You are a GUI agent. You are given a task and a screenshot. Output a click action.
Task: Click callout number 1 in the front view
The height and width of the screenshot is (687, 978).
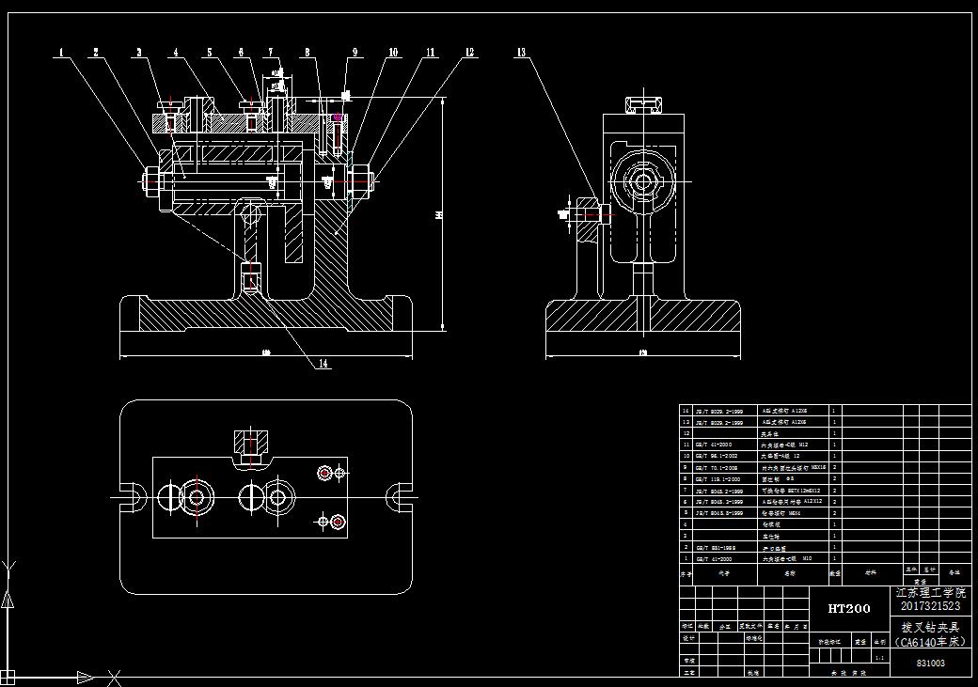tap(62, 53)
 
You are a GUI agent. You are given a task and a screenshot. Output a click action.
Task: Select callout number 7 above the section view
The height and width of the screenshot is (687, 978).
tap(271, 53)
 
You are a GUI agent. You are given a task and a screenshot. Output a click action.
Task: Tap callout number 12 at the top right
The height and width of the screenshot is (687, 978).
tap(469, 53)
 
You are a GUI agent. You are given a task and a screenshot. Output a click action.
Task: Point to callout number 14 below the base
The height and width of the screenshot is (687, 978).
tap(323, 364)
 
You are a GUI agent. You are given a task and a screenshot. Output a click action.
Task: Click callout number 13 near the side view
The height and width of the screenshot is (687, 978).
tap(521, 53)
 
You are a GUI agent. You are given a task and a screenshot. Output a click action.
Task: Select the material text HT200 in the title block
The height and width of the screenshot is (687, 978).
tap(848, 608)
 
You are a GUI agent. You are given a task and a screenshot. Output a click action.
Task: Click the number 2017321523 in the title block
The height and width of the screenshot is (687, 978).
tap(931, 606)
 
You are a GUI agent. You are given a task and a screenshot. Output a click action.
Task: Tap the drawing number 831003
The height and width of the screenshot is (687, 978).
tap(931, 663)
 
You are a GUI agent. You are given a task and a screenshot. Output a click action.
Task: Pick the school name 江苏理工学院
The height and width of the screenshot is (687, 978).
tap(931, 593)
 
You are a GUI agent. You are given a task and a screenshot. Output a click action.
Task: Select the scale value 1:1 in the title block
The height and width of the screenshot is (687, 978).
tap(880, 658)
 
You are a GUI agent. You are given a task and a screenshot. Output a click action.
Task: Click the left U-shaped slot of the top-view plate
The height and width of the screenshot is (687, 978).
tap(132, 495)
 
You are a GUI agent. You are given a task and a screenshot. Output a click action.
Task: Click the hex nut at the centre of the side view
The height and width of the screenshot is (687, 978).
tap(644, 181)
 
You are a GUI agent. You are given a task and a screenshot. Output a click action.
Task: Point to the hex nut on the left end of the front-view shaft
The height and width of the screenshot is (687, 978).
tap(150, 179)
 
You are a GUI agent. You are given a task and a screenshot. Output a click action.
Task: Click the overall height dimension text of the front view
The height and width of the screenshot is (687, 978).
tap(437, 215)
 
